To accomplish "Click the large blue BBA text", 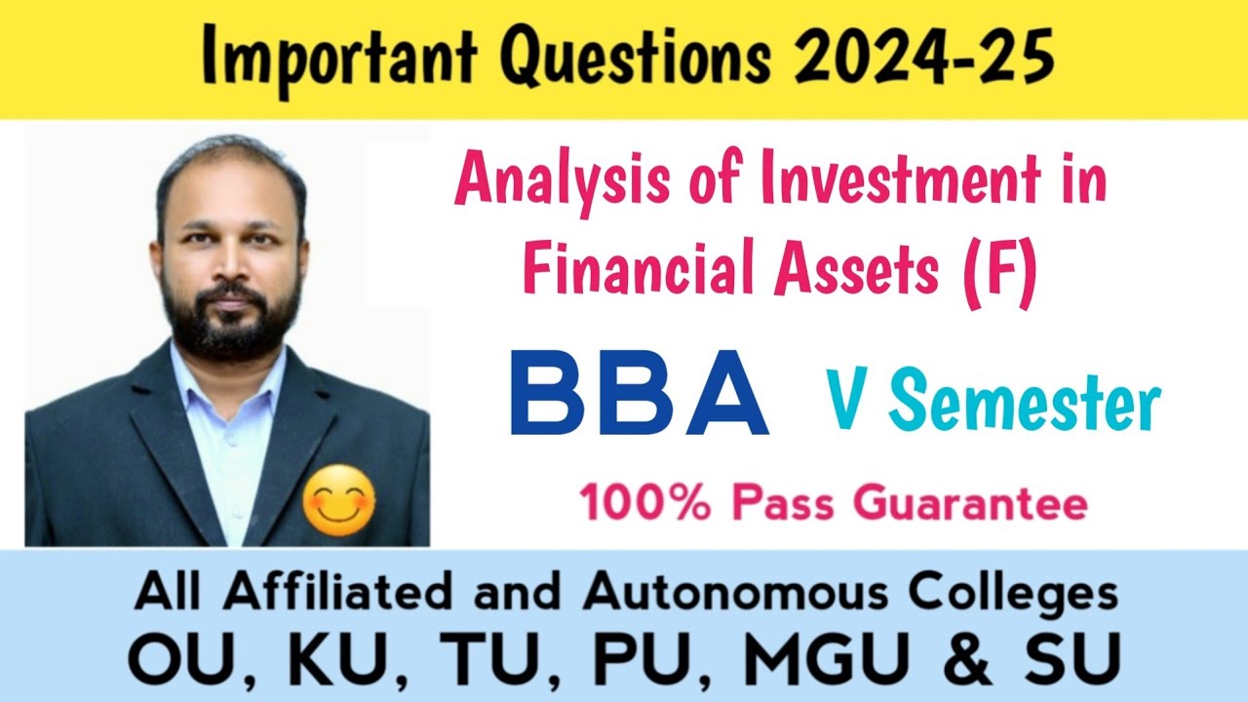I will click(640, 393).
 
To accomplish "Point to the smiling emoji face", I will click(338, 499).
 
